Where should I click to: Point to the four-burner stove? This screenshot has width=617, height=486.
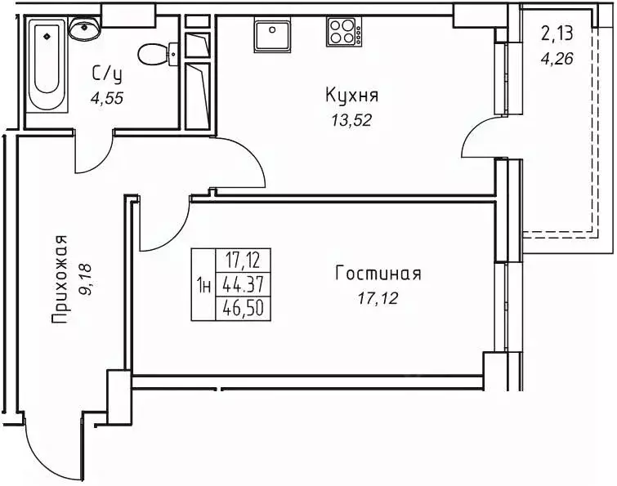point(344,33)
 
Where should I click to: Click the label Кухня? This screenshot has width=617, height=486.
point(352,96)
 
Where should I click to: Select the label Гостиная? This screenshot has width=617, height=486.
point(378,274)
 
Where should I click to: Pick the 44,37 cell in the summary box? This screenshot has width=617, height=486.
point(242,285)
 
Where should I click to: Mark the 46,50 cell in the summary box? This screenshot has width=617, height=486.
point(242,308)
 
